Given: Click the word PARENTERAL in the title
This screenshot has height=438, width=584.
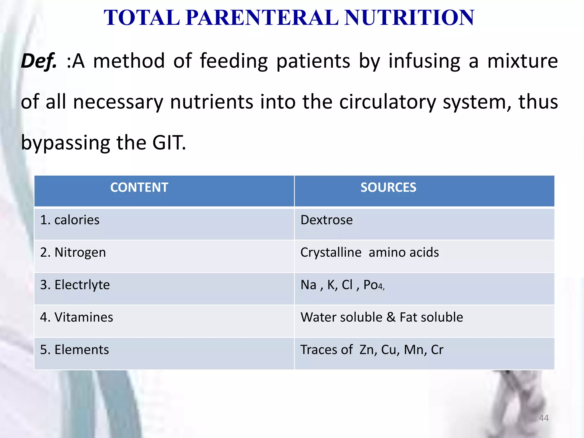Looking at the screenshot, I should pos(262,18).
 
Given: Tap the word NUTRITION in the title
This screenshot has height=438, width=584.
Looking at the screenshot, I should pos(409,18).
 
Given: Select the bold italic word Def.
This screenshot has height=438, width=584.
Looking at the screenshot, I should pos(38,61).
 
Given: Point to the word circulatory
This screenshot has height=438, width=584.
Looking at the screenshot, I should pos(388,102).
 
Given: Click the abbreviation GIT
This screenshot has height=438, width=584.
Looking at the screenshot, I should pos(169,143).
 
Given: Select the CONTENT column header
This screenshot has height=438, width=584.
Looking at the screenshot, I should pos(139,188).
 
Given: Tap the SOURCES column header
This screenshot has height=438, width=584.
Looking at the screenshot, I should pos(388,188).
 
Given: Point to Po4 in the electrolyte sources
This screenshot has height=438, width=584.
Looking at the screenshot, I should pos(373,285).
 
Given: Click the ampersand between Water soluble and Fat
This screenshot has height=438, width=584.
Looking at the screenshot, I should pos(391,317).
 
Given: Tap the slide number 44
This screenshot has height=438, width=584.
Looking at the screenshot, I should pos(544,418).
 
